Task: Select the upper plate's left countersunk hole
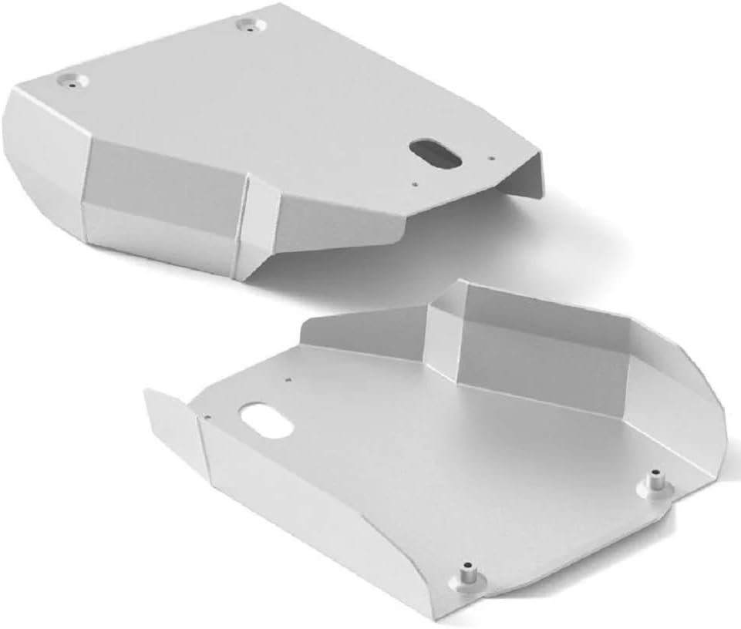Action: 72,79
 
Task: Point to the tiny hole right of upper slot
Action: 491,160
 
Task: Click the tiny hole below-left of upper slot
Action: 415,184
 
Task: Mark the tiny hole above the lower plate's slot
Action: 288,379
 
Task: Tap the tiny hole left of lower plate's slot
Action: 207,417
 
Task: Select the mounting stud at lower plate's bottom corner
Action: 467,575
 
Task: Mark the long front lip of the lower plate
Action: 324,524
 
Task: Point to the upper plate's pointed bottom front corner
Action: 245,274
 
